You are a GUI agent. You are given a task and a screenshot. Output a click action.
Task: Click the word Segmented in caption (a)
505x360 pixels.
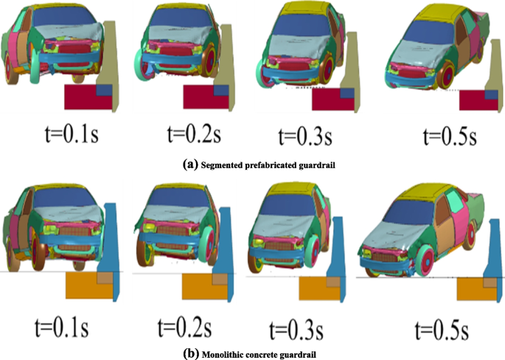click(223, 165)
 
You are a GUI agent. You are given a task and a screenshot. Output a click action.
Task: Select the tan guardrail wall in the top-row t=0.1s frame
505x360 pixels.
click(114, 66)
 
